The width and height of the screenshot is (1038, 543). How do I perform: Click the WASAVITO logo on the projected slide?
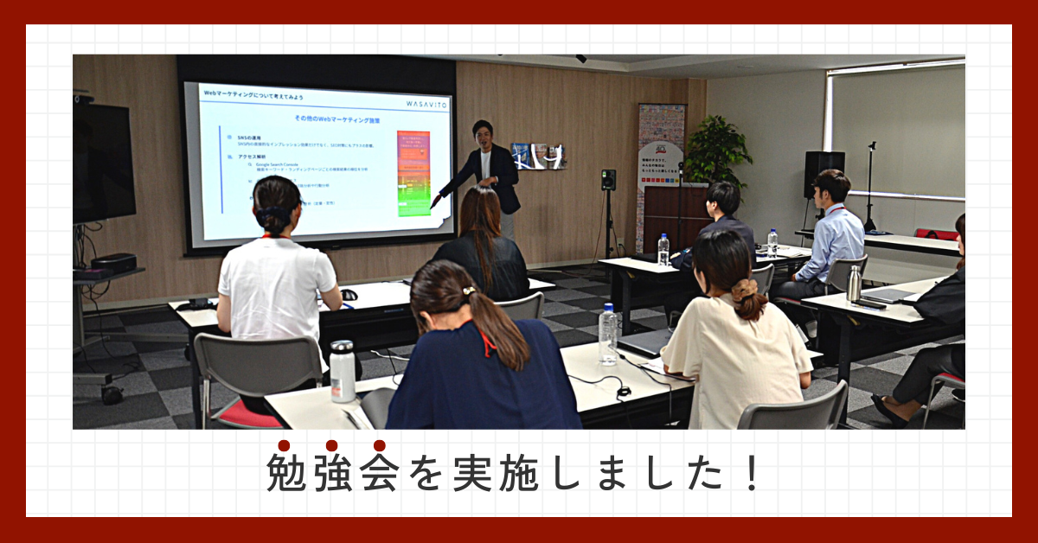426,103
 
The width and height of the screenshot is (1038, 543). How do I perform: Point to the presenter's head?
483,133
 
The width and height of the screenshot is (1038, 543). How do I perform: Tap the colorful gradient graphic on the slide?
413,173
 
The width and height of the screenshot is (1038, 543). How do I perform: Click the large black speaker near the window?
823,174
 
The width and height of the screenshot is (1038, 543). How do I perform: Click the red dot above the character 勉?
284,445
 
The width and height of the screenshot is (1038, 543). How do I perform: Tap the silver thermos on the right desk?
854,284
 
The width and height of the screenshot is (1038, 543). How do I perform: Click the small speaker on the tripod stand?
608,180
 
